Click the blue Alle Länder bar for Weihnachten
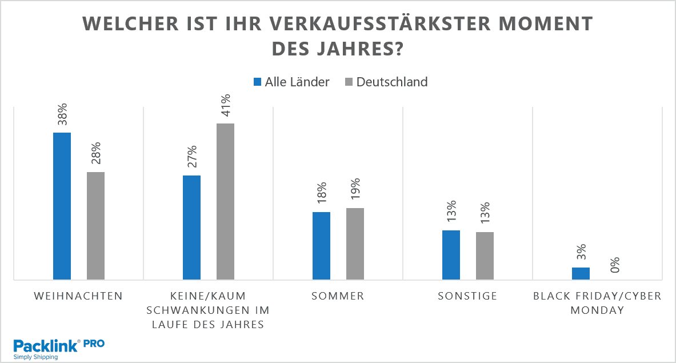[x=62, y=206]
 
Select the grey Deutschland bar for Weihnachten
[x=95, y=226]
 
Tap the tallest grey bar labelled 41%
[x=225, y=201]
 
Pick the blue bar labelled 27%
[x=191, y=228]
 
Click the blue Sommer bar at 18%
[x=321, y=246]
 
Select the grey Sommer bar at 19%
[x=355, y=244]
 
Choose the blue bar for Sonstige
[x=451, y=255]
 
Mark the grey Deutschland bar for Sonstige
[x=485, y=256]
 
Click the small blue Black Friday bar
[x=581, y=273]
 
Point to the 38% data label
[x=62, y=114]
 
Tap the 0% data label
[x=615, y=265]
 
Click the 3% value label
[x=581, y=253]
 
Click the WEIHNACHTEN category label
[x=78, y=296]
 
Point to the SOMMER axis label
[x=338, y=296]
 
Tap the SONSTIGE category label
[x=467, y=296]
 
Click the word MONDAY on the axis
[x=597, y=310]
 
